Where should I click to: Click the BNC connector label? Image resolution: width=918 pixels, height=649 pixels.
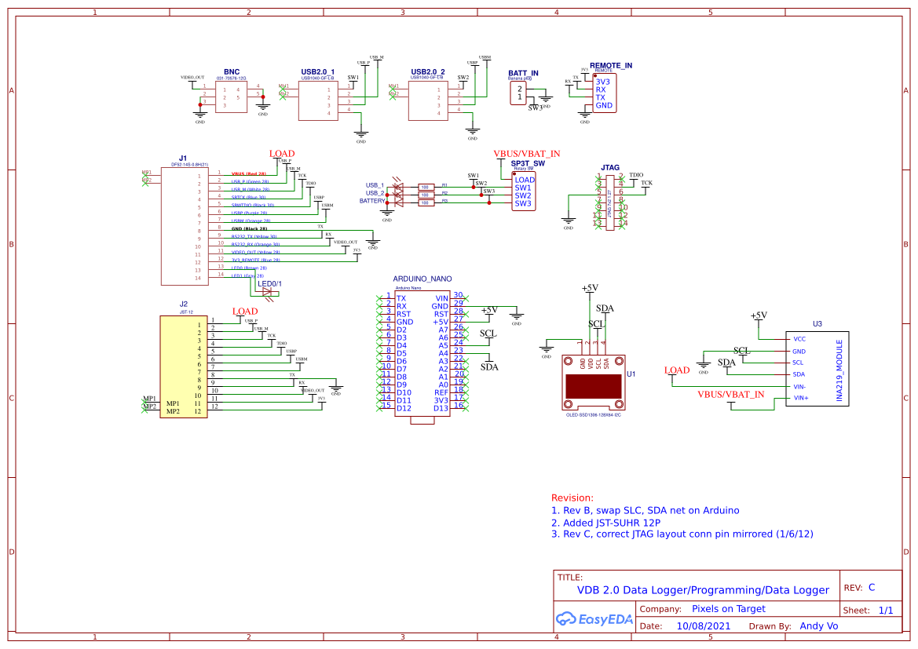[x=232, y=72]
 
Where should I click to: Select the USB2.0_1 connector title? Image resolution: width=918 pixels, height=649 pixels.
[x=317, y=72]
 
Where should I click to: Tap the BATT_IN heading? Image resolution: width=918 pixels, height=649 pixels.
[x=524, y=74]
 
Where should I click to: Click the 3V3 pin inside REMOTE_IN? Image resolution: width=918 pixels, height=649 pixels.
[x=602, y=82]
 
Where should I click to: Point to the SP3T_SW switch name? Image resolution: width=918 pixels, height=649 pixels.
[x=528, y=162]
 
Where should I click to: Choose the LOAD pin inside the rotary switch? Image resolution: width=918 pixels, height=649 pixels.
[x=525, y=180]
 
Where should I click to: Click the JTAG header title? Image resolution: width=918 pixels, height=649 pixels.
[x=610, y=168]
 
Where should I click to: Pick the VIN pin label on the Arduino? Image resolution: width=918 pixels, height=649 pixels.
[x=441, y=298]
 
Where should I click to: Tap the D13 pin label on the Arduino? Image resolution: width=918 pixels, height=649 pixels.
[x=441, y=407]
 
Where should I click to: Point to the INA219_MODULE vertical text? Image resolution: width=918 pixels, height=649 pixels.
[x=839, y=371]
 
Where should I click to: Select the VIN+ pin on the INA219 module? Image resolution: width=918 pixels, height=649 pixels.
[x=800, y=398]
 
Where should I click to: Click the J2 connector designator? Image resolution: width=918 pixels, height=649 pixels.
[x=184, y=304]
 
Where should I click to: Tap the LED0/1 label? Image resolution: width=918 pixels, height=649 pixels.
[x=270, y=283]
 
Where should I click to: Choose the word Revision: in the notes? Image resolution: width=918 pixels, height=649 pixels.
[x=572, y=498]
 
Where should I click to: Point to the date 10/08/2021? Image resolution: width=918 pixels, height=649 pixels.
[x=703, y=626]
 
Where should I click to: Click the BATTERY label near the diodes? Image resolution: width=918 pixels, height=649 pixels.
[x=372, y=201]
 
